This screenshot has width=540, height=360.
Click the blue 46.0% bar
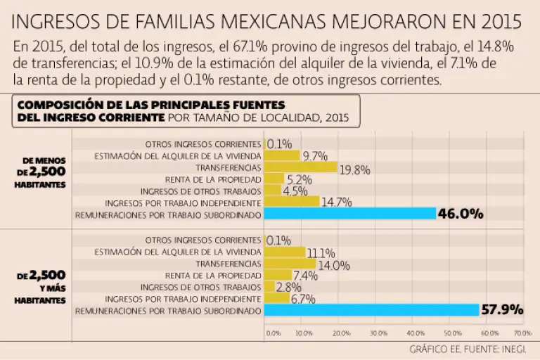pos(349,213)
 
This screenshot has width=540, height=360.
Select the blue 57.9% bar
pos(371,309)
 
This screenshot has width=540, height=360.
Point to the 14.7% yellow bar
pos(291,202)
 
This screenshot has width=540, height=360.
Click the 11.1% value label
pos(321,252)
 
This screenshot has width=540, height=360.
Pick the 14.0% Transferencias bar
pos(290,264)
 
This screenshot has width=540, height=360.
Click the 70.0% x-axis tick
pos(522,333)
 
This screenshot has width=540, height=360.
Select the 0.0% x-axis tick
pos(273,333)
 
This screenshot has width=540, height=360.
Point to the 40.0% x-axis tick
pos(416,333)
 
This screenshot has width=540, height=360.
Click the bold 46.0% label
pos(460,213)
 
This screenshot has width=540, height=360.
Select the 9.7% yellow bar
pos(281,155)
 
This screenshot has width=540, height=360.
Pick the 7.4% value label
pos(304,276)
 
